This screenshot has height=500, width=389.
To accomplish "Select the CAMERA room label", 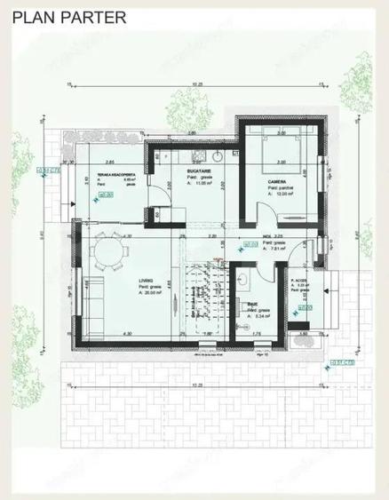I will click(x=276, y=181).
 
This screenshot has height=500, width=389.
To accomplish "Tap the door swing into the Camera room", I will click(x=264, y=213).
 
